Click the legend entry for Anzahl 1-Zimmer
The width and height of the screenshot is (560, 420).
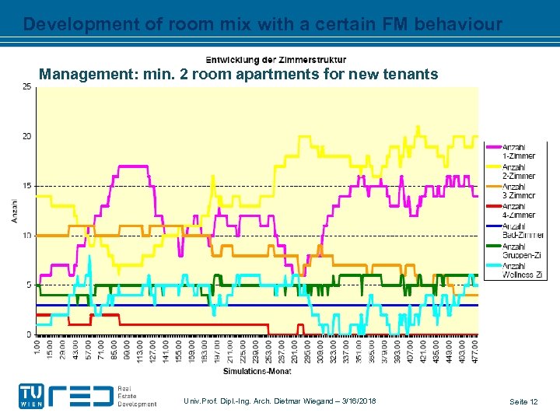click(518, 152)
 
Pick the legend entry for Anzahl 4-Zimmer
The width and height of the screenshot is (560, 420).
click(518, 210)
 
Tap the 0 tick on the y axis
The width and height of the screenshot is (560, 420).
click(29, 334)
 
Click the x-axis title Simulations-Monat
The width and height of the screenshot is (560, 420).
click(257, 372)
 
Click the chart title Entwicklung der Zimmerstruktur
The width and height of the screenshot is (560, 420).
click(276, 60)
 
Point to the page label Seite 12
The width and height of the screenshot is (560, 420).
click(523, 401)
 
